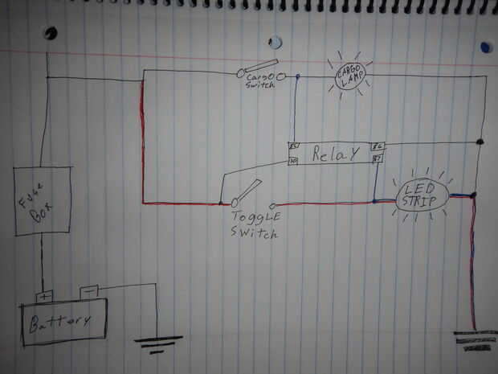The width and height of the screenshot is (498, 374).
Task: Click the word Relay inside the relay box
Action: coord(333,154)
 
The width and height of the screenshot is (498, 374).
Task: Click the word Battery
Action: coord(61,323)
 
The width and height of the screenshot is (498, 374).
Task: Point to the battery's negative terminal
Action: coord(89,291)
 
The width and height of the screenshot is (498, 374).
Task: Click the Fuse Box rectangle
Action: coord(43,201)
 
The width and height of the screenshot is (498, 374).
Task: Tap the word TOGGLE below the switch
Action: coord(255,218)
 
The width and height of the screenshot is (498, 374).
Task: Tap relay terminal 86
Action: coord(378,147)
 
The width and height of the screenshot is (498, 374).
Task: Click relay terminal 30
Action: coord(293,162)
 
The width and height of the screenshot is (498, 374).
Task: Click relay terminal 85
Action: coord(293,147)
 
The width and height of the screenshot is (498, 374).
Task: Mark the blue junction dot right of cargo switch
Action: coord(298,78)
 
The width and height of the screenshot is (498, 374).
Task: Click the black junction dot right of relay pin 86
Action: coord(480,143)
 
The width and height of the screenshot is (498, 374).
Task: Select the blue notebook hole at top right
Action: coord(485,47)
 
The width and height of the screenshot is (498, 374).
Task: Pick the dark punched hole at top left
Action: coord(51,34)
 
